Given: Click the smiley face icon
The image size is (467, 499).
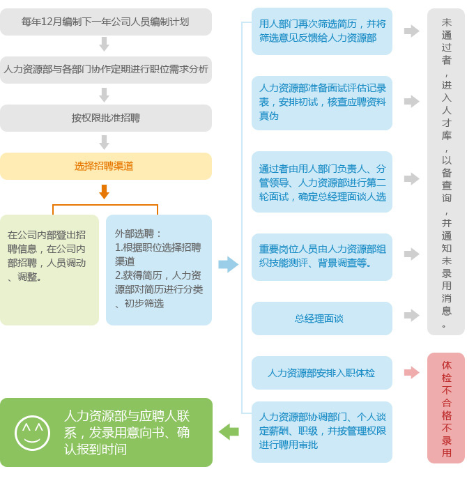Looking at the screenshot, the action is pos(32,433).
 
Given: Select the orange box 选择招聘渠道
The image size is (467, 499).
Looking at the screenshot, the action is pos(106,166).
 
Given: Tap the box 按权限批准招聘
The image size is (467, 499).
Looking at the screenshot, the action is pos(106,118).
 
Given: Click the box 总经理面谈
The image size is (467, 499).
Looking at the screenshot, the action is pos(321,318).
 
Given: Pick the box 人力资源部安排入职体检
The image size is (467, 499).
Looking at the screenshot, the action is pos(321,373).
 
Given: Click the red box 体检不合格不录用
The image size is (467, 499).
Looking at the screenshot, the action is pos(446,408).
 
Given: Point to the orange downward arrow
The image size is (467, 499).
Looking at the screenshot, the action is pos(104,192).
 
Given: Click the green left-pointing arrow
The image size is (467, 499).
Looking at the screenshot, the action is pos(229,432).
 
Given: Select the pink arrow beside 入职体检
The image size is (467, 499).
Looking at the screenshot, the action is pos(412,372).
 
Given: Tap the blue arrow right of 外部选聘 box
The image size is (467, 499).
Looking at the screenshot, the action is pos(228,264).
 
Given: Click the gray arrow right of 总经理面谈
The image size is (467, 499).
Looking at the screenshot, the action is pos(412,316).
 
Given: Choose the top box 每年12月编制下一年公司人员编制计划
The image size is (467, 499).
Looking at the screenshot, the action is pos(106,22).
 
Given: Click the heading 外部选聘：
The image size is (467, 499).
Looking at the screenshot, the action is pos(138,233).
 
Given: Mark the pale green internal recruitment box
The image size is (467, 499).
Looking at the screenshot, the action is pos(49,270).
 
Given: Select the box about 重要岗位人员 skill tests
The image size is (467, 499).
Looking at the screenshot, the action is pos(321,257).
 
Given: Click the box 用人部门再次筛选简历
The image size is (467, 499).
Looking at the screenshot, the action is pos(321,31).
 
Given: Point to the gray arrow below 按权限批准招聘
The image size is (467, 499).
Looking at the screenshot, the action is pos(104,142).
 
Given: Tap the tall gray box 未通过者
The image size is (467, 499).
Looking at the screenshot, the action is pos(446,171).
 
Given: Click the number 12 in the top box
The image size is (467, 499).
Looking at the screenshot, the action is pos(47,22).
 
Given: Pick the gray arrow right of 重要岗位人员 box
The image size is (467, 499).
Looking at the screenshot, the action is pos(412,254).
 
